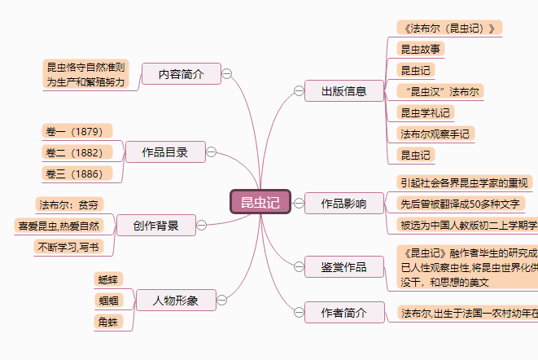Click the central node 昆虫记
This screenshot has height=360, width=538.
(x=260, y=202)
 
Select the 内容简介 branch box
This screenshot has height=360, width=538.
(x=181, y=74)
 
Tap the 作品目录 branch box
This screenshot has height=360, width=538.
(x=164, y=151)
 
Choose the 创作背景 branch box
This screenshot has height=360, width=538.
(x=155, y=225)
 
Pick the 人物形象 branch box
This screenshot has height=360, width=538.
(x=176, y=301)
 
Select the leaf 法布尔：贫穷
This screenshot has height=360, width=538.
(x=71, y=204)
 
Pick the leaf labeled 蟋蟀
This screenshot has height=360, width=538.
(x=108, y=280)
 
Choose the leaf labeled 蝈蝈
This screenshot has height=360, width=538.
(x=108, y=301)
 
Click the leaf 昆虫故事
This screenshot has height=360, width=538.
(x=420, y=49)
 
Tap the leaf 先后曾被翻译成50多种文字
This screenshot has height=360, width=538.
(x=460, y=204)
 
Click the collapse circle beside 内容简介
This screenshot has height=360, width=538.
(x=227, y=74)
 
